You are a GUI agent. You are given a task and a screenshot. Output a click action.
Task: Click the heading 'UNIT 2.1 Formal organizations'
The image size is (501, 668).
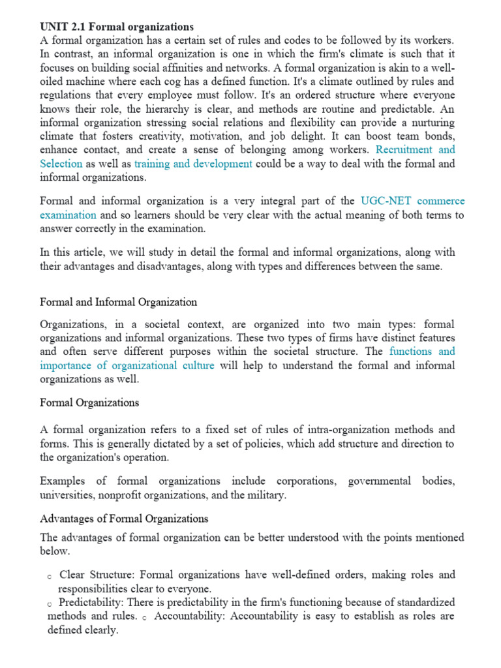point(117,27)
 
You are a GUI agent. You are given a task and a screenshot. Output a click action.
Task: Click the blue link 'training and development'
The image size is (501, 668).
point(193,164)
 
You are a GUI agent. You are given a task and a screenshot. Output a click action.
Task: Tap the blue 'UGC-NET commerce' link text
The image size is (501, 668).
point(412,201)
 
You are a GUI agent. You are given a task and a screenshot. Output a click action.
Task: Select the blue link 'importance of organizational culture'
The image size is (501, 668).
point(127,365)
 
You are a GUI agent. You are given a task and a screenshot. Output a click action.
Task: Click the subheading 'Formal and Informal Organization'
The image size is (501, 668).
point(118,302)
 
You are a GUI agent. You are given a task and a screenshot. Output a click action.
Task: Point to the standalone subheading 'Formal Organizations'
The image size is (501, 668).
point(89,402)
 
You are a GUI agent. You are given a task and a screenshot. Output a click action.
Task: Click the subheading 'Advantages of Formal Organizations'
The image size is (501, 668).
point(124,519)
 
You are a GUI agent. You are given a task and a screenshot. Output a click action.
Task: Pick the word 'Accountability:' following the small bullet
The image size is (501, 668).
point(191,616)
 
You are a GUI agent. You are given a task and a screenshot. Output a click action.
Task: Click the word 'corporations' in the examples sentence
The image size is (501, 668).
point(307,481)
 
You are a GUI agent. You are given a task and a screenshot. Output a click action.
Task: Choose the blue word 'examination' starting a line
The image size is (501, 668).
point(68,215)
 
